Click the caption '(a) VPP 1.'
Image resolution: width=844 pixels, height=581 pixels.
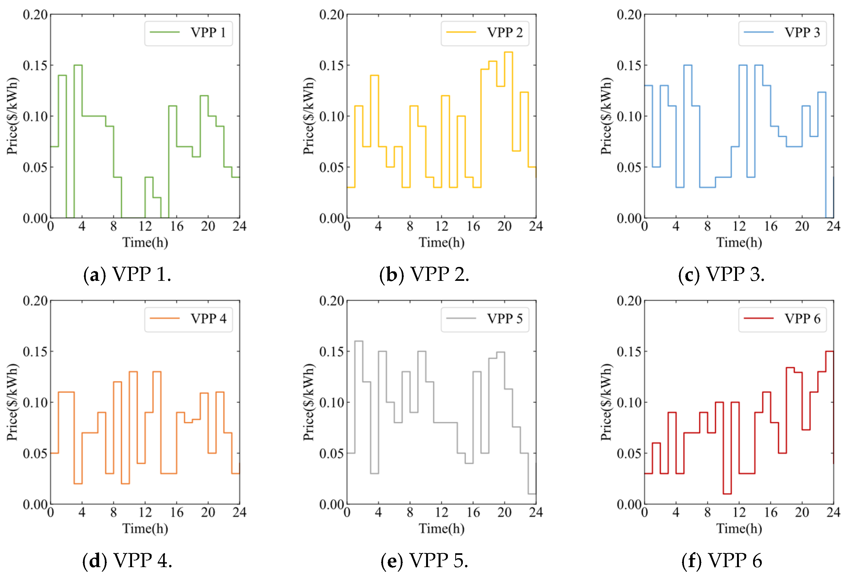point(127,275)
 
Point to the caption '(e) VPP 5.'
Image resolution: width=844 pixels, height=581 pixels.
point(424,561)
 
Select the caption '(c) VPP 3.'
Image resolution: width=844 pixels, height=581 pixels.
point(721,275)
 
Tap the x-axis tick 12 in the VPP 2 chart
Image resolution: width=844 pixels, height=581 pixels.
point(441,226)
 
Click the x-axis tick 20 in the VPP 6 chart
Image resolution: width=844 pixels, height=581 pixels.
point(802,513)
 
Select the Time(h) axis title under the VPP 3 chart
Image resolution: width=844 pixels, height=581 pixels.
point(739,242)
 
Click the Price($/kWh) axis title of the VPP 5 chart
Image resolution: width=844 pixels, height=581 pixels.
point(308,402)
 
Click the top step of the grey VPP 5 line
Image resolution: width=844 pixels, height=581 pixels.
point(358,341)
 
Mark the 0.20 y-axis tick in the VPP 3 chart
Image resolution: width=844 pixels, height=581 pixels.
point(629,15)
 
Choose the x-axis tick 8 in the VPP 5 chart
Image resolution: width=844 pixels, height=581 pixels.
point(410,513)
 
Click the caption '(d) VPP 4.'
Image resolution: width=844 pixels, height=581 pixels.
point(127,561)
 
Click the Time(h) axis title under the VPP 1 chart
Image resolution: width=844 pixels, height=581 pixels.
point(145,242)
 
